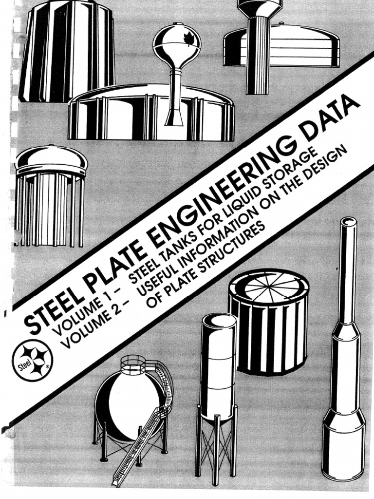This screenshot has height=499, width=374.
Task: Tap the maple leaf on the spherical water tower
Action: (x=187, y=39)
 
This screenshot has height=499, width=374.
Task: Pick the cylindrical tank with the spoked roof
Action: (x=269, y=322)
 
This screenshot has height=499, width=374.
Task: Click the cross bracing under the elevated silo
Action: (x=216, y=448)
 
